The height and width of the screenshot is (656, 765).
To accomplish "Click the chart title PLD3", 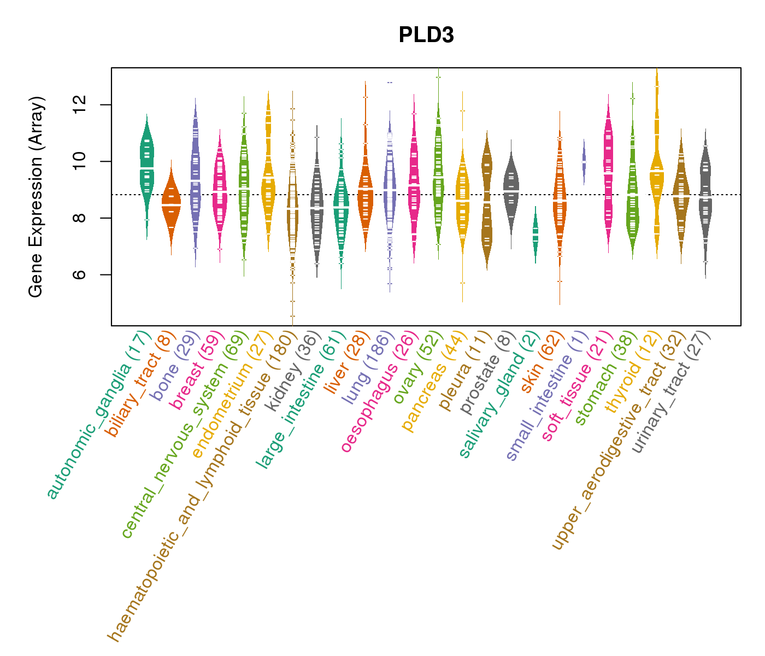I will pos(426,35).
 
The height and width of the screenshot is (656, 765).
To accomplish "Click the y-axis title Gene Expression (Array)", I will pos(36,197).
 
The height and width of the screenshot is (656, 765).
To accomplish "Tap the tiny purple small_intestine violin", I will pos(584,162).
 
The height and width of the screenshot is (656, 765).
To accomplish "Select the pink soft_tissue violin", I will pos(608,169).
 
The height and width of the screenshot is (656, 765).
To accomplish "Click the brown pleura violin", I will pos(486,202).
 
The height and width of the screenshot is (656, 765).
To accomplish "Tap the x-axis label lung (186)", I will pos(366,369).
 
